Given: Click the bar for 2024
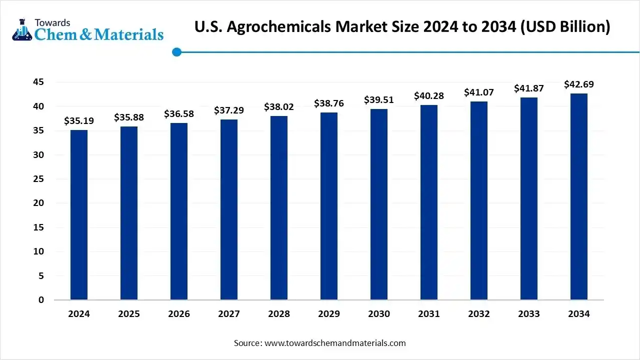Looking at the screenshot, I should tap(79, 215).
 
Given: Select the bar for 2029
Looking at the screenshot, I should tap(329, 206).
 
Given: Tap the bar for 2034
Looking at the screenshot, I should tap(579, 196).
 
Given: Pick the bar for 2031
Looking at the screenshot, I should tap(429, 202).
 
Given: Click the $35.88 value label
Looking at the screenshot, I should tap(129, 117).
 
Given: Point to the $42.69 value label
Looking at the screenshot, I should tap(579, 84).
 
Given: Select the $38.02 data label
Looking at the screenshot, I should tap(279, 107).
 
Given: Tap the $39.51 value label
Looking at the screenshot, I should tap(379, 100).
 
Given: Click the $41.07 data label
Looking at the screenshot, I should tap(479, 92).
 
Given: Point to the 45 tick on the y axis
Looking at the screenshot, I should tap(38, 82).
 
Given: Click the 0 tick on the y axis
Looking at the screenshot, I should tap(41, 300).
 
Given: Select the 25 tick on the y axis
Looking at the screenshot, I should tap(38, 179).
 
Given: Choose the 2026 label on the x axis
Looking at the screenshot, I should tap(179, 314).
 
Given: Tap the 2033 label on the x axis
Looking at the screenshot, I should tap(529, 314).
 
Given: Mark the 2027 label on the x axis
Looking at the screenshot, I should tap(229, 314).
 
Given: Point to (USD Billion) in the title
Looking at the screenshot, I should tap(565, 27).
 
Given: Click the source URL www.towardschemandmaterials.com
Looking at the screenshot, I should tap(334, 343).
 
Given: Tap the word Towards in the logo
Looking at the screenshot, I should tap(52, 22).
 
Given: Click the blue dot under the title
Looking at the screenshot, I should tap(176, 51).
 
